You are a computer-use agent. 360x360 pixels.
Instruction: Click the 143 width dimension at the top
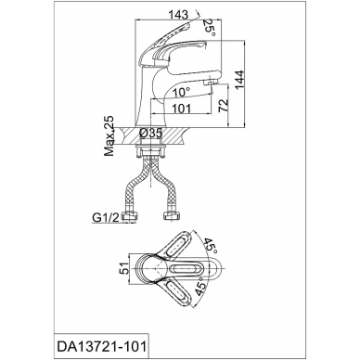(x=178, y=15)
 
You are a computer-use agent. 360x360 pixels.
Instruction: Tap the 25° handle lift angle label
(x=210, y=29)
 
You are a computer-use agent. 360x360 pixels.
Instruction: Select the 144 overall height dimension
(x=239, y=81)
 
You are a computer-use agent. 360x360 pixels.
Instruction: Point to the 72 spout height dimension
(x=223, y=106)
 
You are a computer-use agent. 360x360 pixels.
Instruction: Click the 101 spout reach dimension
(x=182, y=109)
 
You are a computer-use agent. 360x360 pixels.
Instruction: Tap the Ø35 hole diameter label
(x=151, y=134)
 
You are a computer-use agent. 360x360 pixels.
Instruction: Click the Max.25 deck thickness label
(x=109, y=136)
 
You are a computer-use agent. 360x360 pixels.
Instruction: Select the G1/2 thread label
(x=106, y=218)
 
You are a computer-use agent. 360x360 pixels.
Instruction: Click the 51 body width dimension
(x=123, y=269)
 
